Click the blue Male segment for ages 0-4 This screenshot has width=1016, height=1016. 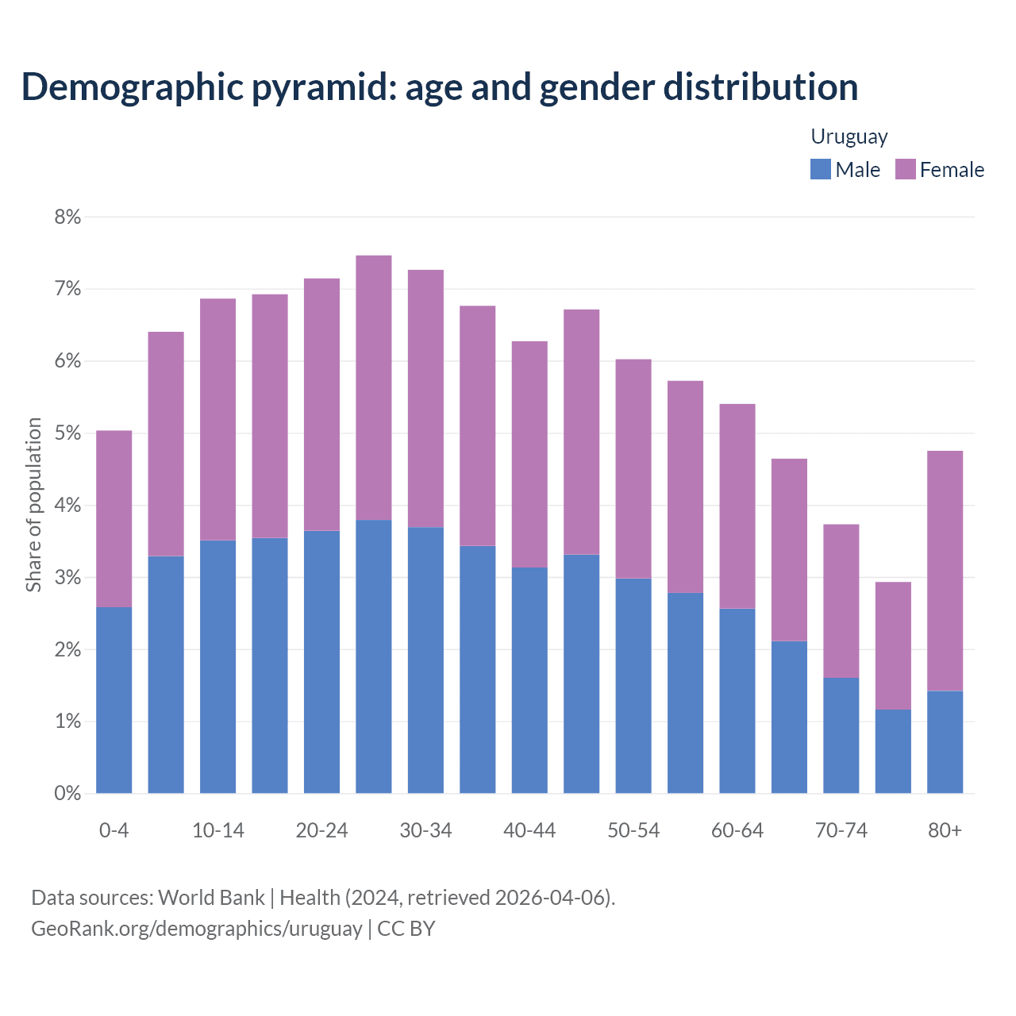coord(114,700)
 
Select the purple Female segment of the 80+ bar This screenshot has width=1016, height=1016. coord(945,571)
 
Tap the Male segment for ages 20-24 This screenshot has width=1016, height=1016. coord(321,662)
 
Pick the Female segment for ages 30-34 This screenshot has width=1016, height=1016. coord(425,398)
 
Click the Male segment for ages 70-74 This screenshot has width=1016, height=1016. coord(841,735)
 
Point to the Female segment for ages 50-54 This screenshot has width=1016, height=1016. coord(633,468)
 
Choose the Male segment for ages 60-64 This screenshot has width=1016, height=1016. coord(737,701)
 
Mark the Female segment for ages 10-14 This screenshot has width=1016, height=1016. coord(217,419)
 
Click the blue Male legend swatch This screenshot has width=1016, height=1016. coord(820,169)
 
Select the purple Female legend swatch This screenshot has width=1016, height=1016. coord(905,169)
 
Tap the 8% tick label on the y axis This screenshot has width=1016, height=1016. coord(67,217)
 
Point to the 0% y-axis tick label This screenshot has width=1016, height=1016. coord(67,793)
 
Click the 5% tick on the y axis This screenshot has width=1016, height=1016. coord(67,433)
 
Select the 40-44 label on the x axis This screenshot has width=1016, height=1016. coord(529,830)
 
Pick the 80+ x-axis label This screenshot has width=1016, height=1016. coord(945,830)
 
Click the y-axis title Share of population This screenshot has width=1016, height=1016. coord(33,505)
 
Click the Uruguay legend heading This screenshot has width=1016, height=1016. coord(849,137)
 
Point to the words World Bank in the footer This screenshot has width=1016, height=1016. coord(211,898)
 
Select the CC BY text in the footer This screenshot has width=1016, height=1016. coord(406,929)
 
